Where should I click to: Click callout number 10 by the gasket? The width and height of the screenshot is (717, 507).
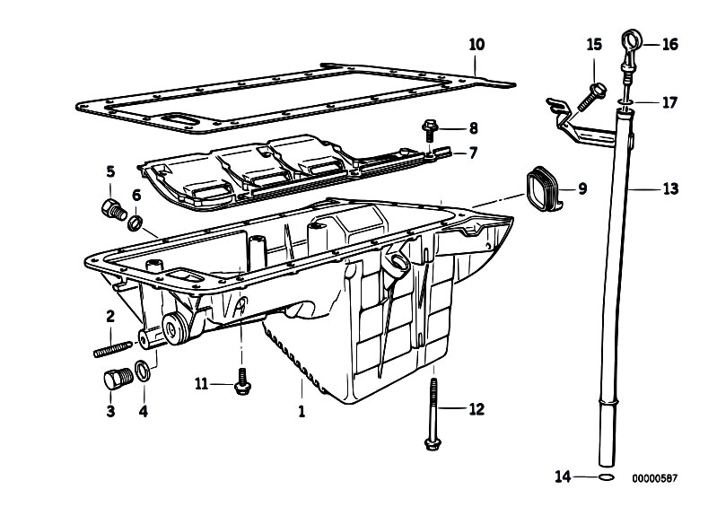tap(477, 43)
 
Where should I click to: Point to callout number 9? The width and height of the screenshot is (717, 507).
tap(581, 188)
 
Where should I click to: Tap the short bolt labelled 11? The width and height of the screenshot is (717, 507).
tap(240, 383)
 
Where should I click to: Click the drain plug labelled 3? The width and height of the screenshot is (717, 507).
tap(112, 380)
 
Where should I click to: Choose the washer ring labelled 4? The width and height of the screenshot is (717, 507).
tap(143, 370)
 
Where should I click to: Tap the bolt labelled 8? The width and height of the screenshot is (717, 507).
tap(428, 132)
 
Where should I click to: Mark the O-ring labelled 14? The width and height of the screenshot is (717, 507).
tap(608, 477)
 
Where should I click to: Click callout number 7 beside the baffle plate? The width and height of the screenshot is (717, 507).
tap(473, 153)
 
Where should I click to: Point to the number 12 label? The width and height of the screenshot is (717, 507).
tap(475, 409)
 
